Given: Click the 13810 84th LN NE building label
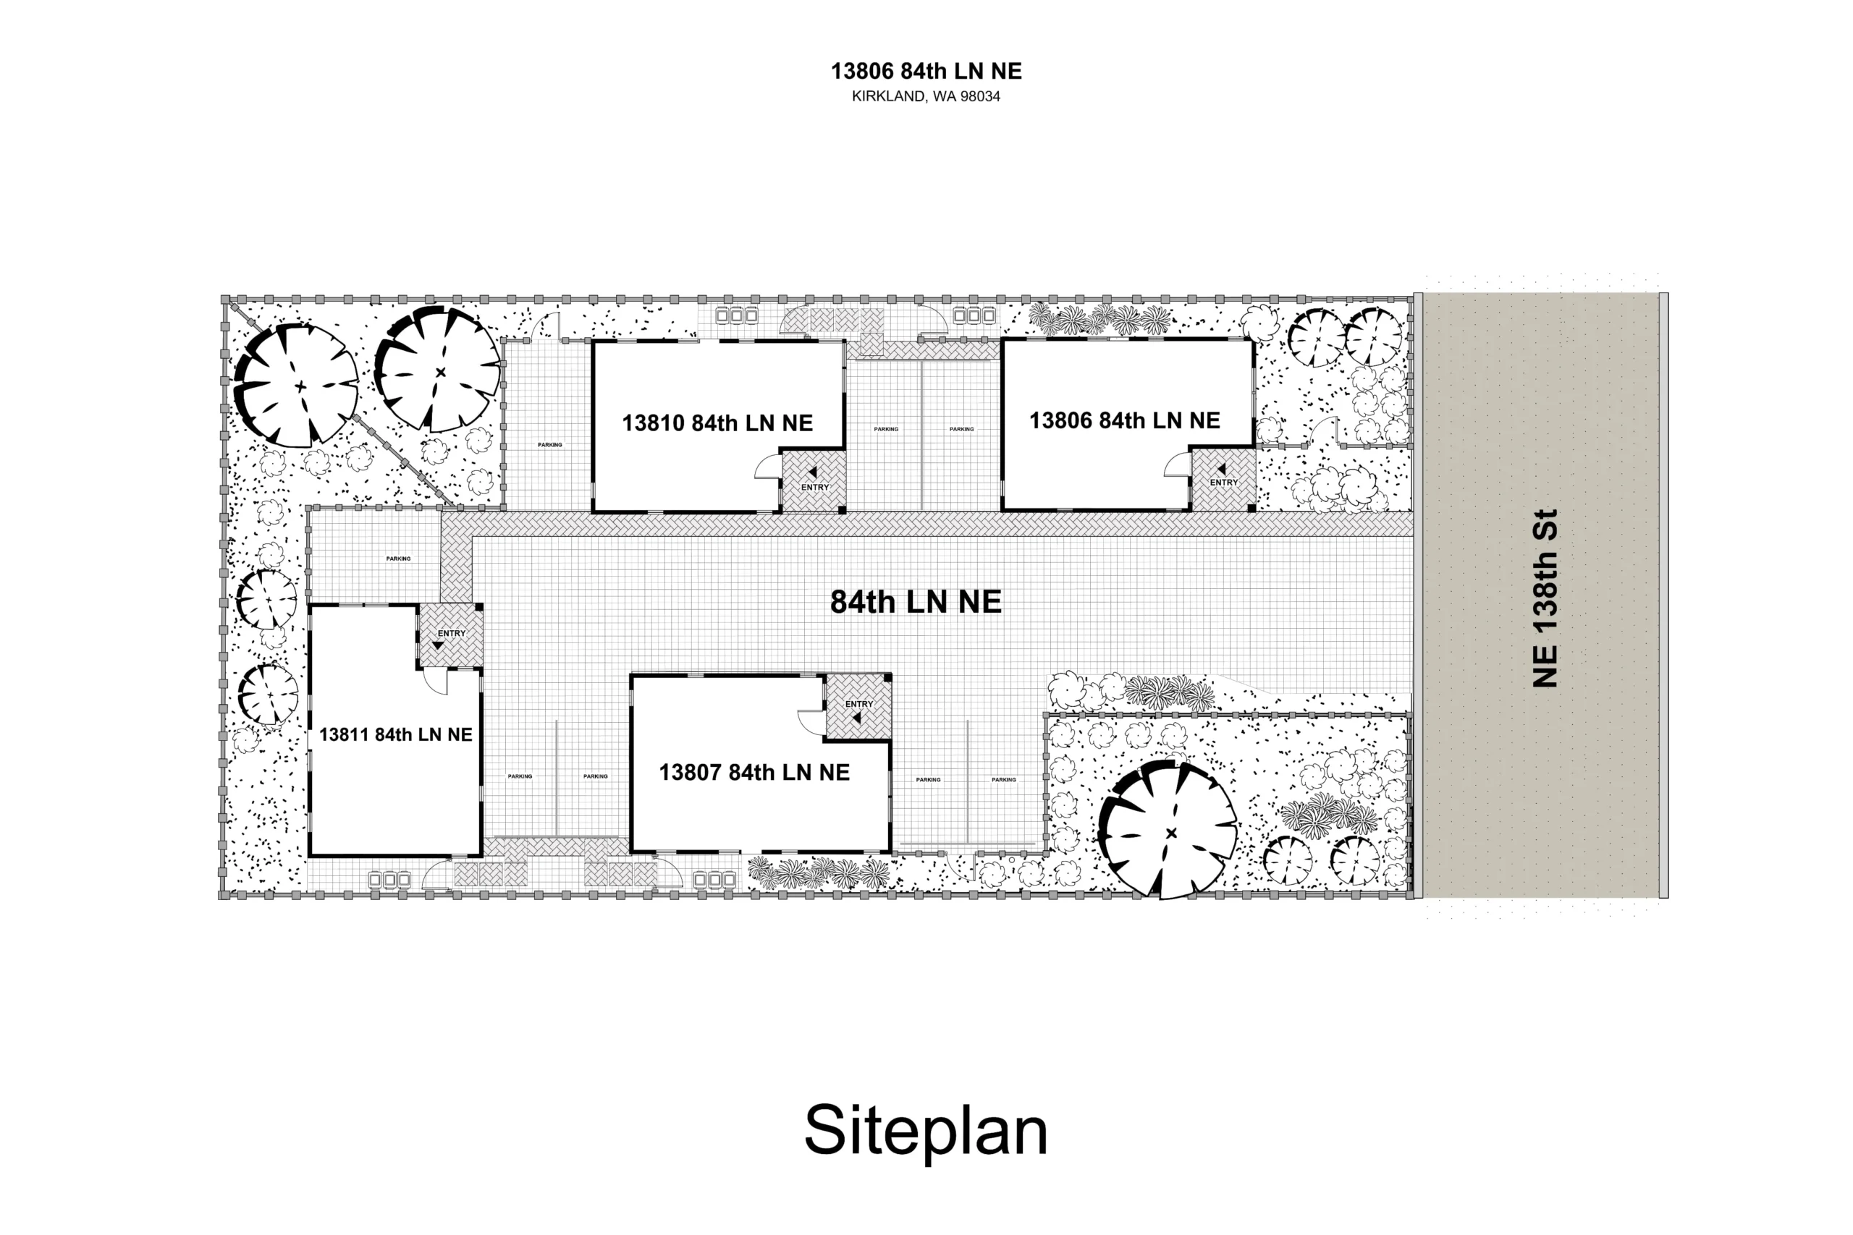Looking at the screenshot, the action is [x=717, y=423].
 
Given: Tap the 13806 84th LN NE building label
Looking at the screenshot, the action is [x=1124, y=420].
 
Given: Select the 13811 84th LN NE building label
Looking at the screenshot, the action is [x=395, y=735].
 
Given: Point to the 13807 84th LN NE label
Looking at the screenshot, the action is [x=754, y=773].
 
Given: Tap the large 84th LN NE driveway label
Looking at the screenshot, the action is [x=916, y=602].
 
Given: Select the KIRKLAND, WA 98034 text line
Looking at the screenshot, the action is [x=926, y=97].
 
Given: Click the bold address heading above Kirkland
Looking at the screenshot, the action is [x=926, y=72].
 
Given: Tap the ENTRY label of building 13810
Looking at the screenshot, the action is [x=814, y=488].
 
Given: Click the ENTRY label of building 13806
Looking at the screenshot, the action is [x=1223, y=483].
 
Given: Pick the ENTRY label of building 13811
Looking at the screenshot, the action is [x=452, y=633].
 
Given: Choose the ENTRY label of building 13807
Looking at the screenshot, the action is [x=858, y=704].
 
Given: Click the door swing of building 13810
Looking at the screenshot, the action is [x=767, y=467].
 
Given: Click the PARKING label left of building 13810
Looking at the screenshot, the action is [x=550, y=445].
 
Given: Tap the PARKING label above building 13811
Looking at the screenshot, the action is [x=398, y=559].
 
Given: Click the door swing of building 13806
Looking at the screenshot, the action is [x=1177, y=464].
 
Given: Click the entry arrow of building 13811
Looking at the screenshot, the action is [x=438, y=645].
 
